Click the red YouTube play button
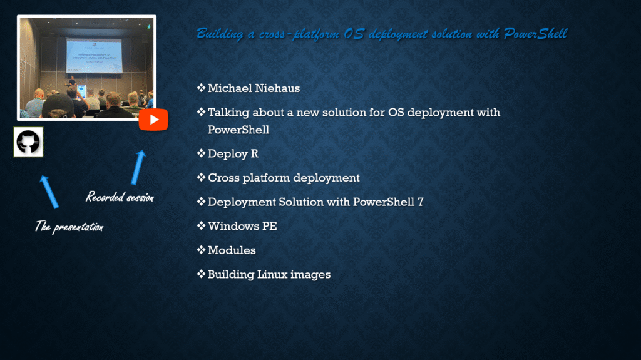point(153,120)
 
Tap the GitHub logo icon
point(28,142)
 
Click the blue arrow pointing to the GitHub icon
point(49,192)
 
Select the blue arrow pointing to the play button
point(138,167)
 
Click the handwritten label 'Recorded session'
point(120,197)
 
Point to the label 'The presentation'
point(69,227)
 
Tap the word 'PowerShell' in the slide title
point(535,34)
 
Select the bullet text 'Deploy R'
point(233,154)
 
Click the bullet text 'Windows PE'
point(242,226)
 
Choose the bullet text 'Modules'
point(232,250)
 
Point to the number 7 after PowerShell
point(421,202)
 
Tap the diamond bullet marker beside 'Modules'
point(201,250)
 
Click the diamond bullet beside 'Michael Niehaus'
point(201,88)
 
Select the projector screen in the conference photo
point(95,56)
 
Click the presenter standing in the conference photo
point(72,81)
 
